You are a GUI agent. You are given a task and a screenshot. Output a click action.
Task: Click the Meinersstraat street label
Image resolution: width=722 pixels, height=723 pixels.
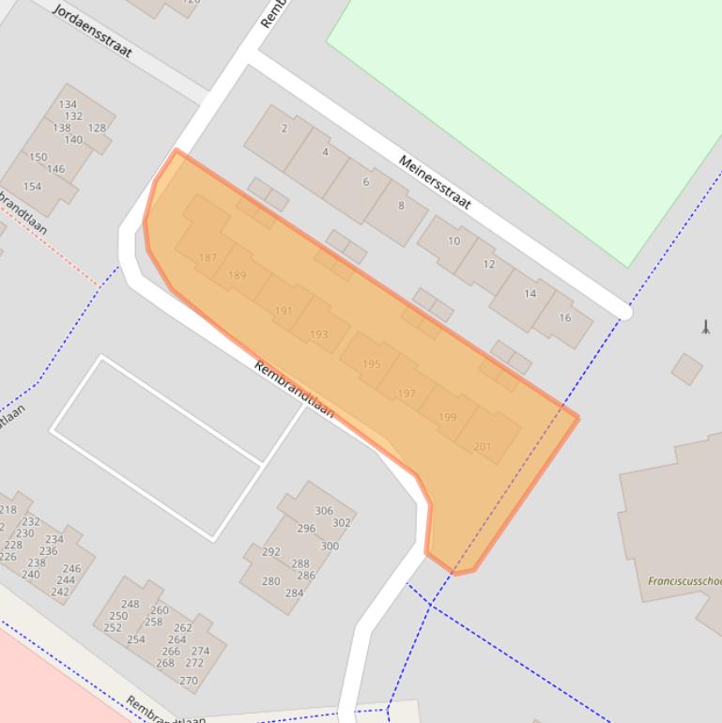[x=434, y=182]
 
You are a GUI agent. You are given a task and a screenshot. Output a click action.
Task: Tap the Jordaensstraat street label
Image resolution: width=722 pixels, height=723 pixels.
[x=92, y=30]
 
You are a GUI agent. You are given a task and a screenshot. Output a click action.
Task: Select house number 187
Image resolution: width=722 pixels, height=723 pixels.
[x=208, y=257]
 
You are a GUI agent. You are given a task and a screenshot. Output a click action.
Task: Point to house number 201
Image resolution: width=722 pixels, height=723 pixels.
[x=482, y=446]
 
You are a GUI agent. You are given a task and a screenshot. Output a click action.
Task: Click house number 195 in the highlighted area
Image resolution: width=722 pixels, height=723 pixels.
[x=371, y=363]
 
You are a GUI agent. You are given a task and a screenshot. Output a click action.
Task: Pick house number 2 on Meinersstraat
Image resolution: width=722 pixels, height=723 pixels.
[x=284, y=129]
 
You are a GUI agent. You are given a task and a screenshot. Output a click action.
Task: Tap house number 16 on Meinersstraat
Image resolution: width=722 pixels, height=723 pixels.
[x=564, y=317]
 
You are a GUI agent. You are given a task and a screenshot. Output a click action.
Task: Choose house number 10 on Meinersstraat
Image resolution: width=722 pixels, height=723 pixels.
[x=453, y=240]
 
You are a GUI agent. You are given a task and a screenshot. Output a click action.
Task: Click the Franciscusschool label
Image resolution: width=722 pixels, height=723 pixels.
[x=684, y=581]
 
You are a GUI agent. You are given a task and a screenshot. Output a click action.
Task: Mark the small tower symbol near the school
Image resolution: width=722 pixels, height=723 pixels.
[x=705, y=326]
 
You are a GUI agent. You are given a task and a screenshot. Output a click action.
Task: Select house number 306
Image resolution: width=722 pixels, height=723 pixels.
[x=324, y=511]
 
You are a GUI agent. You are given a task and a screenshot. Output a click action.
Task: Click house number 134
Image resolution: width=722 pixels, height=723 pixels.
[x=68, y=104]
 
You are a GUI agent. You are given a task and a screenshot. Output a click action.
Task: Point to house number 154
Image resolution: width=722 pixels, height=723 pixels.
[x=32, y=186]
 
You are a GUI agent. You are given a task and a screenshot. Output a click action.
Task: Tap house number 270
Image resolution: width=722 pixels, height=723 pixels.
[x=189, y=681]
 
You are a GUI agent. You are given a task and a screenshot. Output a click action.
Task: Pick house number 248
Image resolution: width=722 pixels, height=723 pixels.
[x=130, y=604]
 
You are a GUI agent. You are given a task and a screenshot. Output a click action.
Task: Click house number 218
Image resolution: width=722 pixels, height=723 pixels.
[x=8, y=510]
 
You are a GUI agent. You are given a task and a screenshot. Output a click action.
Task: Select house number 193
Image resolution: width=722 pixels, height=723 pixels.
[x=318, y=334]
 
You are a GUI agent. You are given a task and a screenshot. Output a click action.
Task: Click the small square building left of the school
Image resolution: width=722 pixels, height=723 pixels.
[x=686, y=369]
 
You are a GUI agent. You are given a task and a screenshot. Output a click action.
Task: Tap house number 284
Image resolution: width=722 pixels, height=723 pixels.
[x=294, y=592]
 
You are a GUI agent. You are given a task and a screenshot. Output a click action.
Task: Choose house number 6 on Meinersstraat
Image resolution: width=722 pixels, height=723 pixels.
[x=366, y=181]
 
